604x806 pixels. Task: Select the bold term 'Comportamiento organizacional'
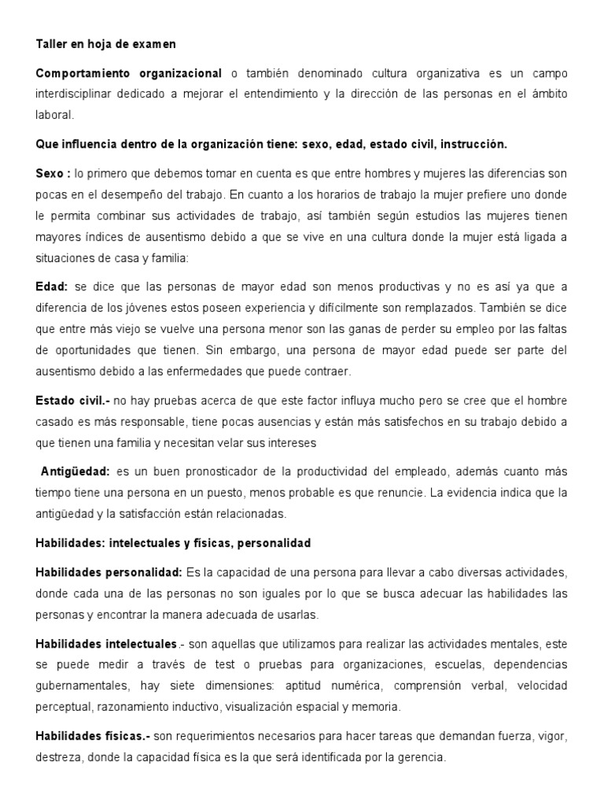coord(129,74)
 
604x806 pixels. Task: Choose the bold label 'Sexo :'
coord(53,173)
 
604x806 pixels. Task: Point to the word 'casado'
coord(53,422)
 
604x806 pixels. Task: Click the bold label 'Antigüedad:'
coord(75,471)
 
